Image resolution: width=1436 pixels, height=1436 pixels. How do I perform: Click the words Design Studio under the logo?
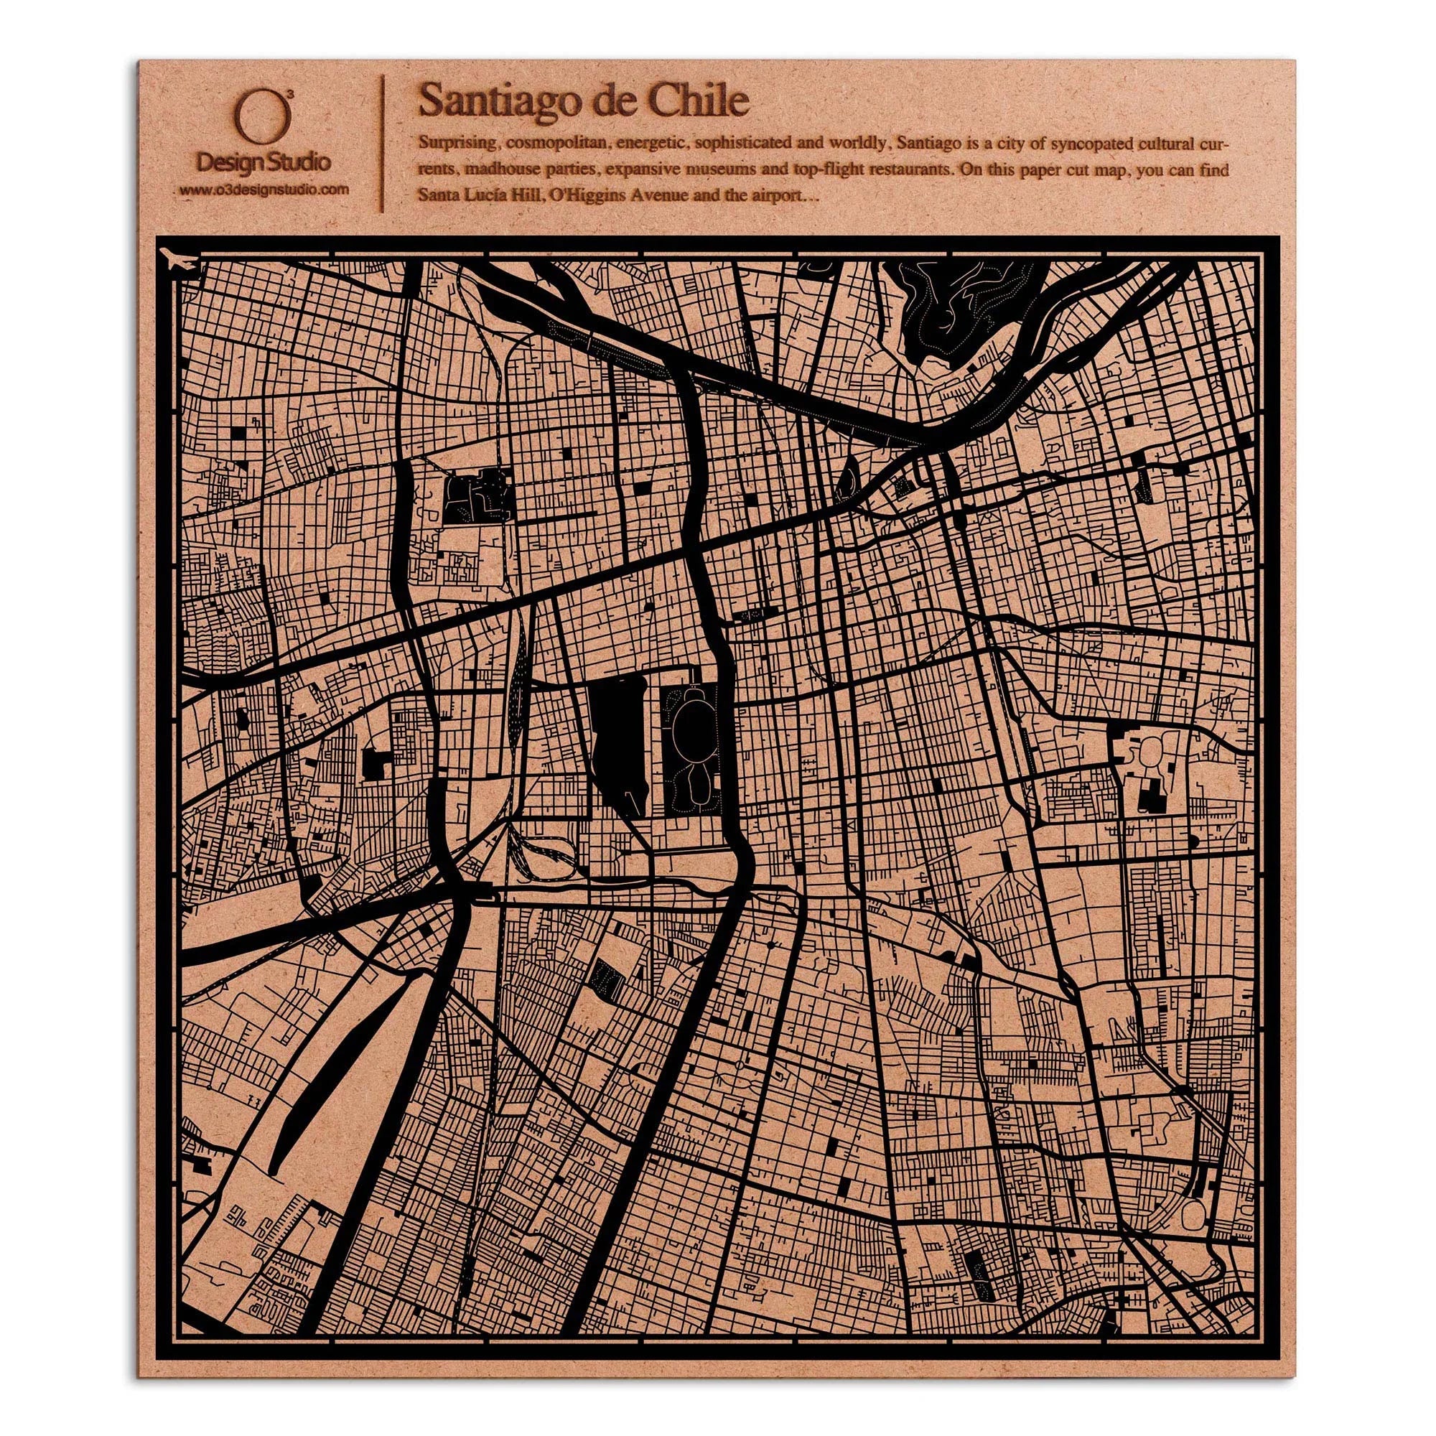pyautogui.click(x=263, y=162)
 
